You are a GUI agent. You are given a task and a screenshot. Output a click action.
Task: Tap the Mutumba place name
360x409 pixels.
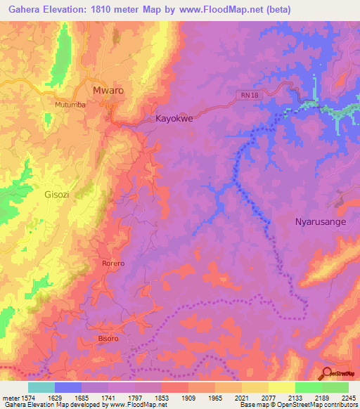70,105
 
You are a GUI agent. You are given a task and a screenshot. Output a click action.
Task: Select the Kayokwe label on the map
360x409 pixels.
174,119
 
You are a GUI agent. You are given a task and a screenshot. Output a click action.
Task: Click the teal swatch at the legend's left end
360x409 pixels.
41,387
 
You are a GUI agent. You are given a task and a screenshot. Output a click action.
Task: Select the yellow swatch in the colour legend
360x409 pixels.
281,387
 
